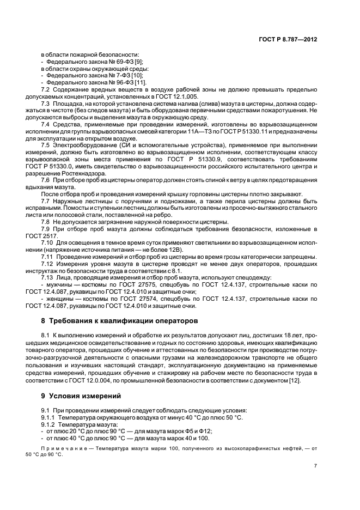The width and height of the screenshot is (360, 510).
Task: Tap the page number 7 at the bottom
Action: pos(316,465)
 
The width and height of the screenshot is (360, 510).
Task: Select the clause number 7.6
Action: pos(46,179)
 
